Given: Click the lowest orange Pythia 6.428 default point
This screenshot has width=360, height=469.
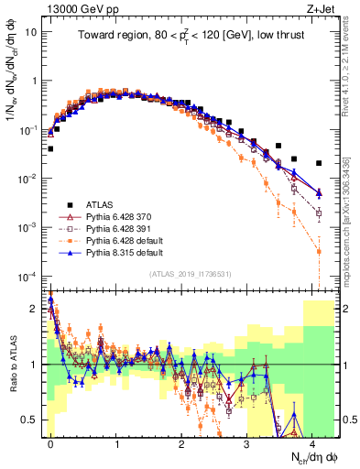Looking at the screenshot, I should (318, 251).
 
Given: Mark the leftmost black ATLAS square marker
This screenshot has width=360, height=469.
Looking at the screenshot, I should (50, 147).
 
